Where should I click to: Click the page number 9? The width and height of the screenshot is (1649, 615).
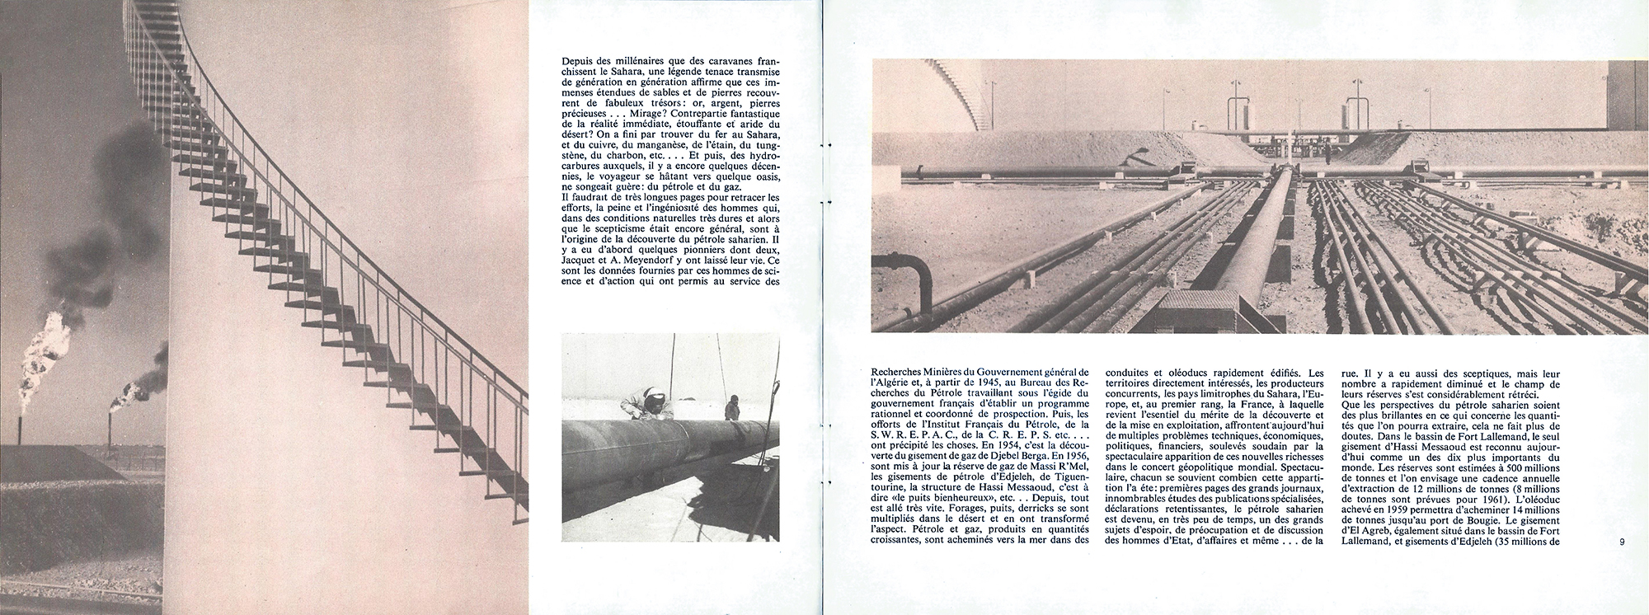1620,542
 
